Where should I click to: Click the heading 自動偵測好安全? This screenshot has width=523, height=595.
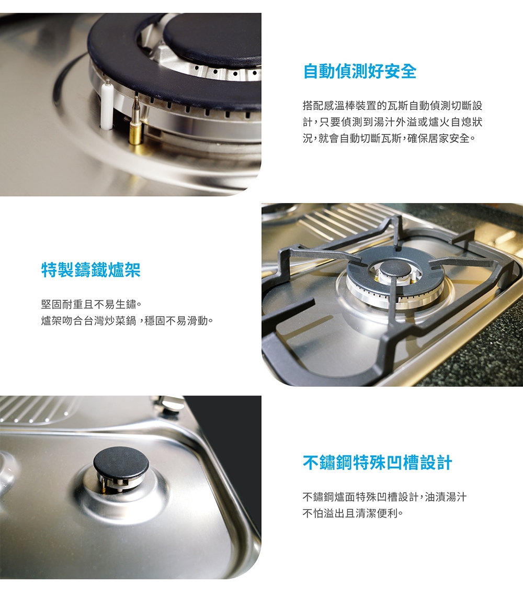click(360, 72)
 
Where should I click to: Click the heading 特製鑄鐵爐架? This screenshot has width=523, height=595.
click(91, 271)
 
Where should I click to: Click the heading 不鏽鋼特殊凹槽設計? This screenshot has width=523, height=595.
click(377, 463)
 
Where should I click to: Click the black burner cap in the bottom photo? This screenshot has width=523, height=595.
click(121, 462)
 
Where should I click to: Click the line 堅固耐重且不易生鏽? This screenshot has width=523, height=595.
click(92, 304)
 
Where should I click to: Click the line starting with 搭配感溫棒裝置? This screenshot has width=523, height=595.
click(392, 106)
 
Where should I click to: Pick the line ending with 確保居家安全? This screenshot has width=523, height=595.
click(389, 140)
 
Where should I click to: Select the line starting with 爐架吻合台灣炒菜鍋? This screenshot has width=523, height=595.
click(127, 320)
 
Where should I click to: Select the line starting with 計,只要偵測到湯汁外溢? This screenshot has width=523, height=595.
click(392, 123)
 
